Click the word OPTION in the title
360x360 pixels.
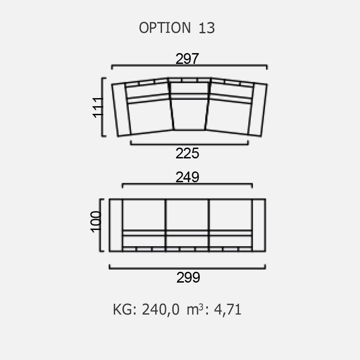pos(165,28)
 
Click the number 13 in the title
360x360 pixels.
pos(207,28)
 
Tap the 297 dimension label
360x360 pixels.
pos(187,59)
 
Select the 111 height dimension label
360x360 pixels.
pos(98,108)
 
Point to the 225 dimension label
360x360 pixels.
pos(187,153)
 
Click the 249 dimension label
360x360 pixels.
pos(187,177)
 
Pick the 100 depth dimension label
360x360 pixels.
pos(96,222)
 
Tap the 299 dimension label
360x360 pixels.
pos(188,277)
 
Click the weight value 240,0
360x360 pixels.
pos(161,310)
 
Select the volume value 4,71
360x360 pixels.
pos(228,310)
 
